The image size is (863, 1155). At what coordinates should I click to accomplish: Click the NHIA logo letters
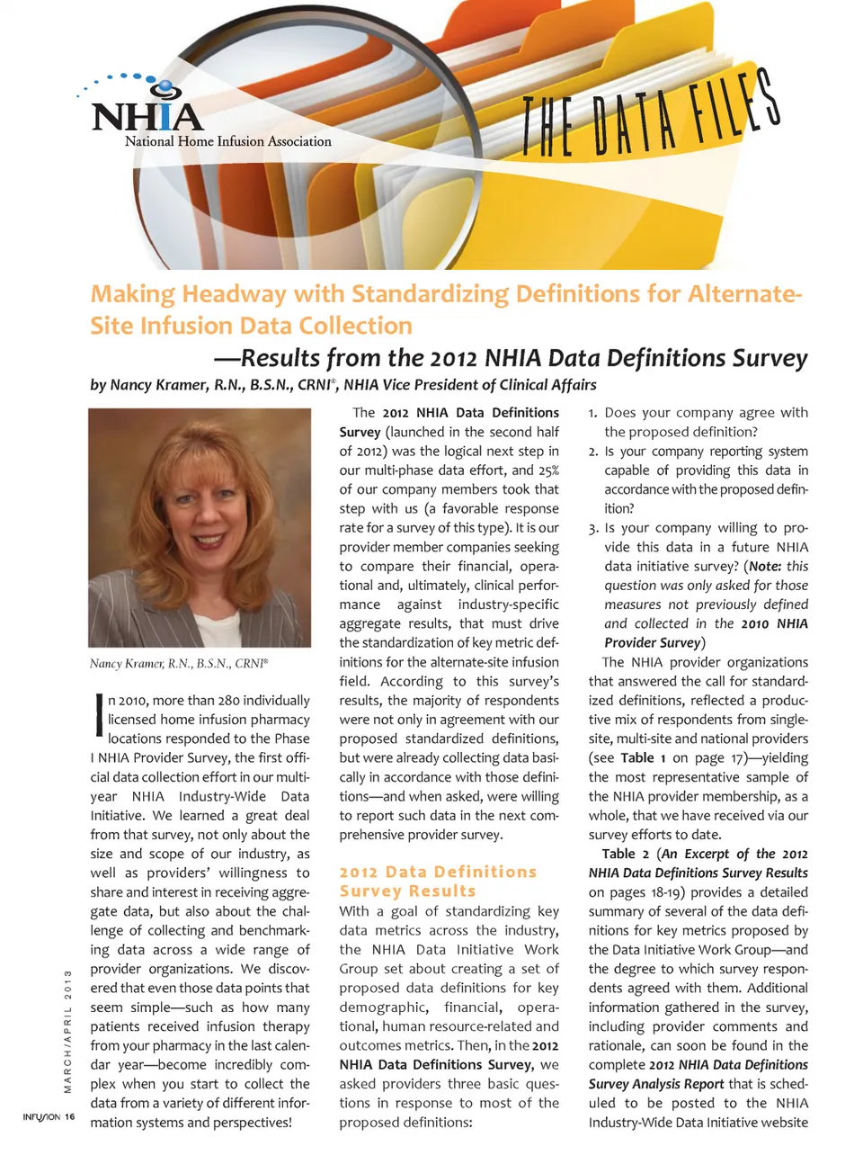point(147,116)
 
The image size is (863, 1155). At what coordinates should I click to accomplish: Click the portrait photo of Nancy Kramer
point(200,527)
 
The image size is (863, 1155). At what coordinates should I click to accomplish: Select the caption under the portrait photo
point(179,664)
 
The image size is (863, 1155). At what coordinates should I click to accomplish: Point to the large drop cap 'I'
point(98,712)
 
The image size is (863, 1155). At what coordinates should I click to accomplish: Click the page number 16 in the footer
point(69,1117)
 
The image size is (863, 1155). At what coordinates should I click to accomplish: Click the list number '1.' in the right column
point(593,413)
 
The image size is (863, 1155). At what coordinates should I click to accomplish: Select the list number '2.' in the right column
point(593,452)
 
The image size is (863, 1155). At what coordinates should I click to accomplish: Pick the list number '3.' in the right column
point(593,528)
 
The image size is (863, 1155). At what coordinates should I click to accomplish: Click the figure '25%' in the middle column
point(548,470)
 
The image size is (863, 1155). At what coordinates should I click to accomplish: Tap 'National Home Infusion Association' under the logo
point(228,141)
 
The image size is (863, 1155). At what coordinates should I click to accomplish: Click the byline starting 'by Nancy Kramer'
point(343,385)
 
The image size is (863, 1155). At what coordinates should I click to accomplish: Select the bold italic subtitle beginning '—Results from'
point(510,358)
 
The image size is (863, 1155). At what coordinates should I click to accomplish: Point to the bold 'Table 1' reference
point(644,757)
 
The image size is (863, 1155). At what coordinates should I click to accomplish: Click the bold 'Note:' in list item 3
point(764,567)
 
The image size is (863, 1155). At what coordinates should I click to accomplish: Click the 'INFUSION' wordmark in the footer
point(41,1117)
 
